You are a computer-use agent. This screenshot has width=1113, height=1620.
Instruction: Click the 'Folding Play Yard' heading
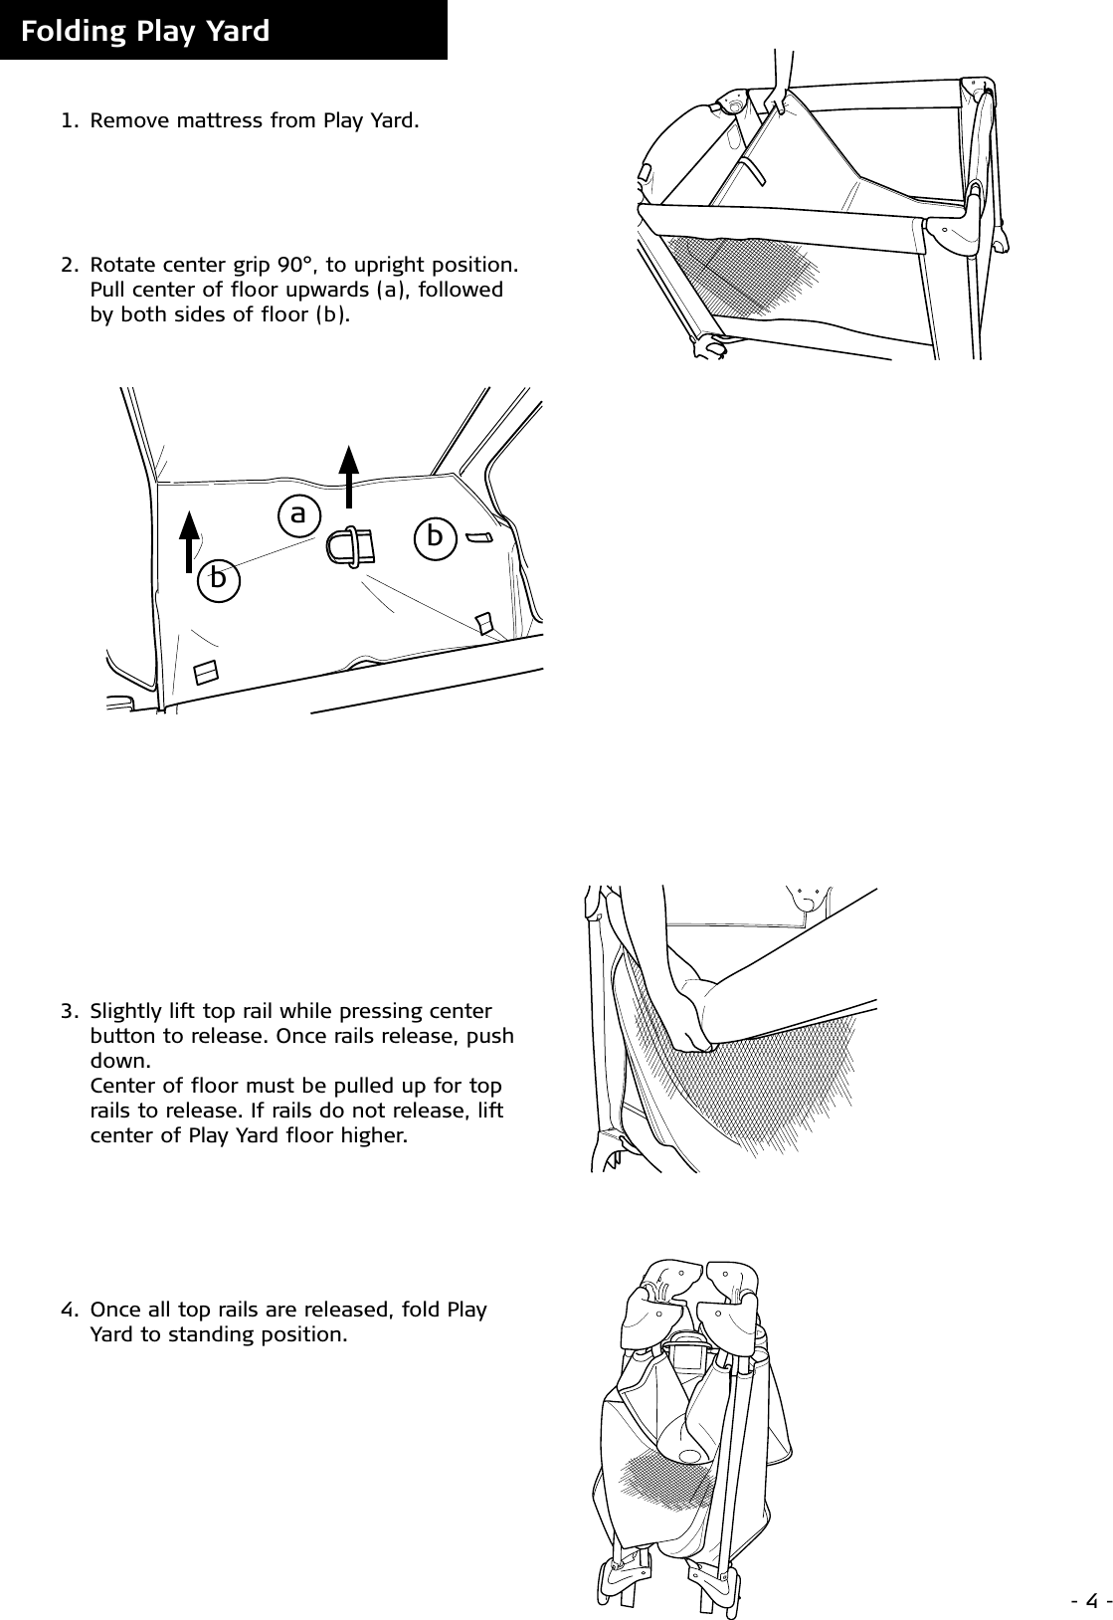pyautogui.click(x=145, y=31)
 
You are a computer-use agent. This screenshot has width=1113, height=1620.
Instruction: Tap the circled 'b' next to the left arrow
pyautogui.click(x=219, y=577)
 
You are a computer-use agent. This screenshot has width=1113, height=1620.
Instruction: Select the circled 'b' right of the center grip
pyautogui.click(x=435, y=536)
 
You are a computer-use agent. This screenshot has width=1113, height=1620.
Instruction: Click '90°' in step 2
pyautogui.click(x=295, y=266)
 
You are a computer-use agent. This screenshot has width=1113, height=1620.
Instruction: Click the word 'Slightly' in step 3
pyautogui.click(x=123, y=1012)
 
